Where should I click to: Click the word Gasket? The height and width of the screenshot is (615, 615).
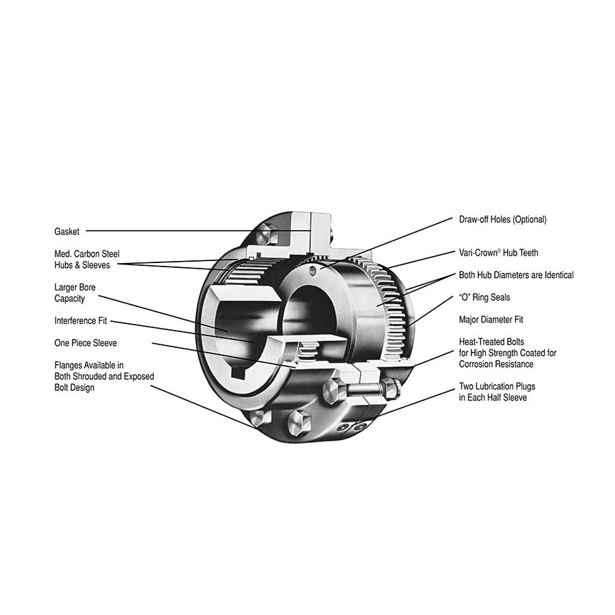pyautogui.click(x=67, y=232)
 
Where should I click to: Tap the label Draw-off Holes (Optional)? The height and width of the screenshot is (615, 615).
pyautogui.click(x=502, y=219)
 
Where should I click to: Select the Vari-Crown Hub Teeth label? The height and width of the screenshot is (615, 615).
pyautogui.click(x=498, y=253)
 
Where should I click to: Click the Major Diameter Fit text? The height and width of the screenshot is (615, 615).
pyautogui.click(x=491, y=319)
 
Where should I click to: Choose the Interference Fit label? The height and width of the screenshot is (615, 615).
pyautogui.click(x=80, y=320)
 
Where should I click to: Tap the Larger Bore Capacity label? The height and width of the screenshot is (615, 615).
pyautogui.click(x=75, y=293)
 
